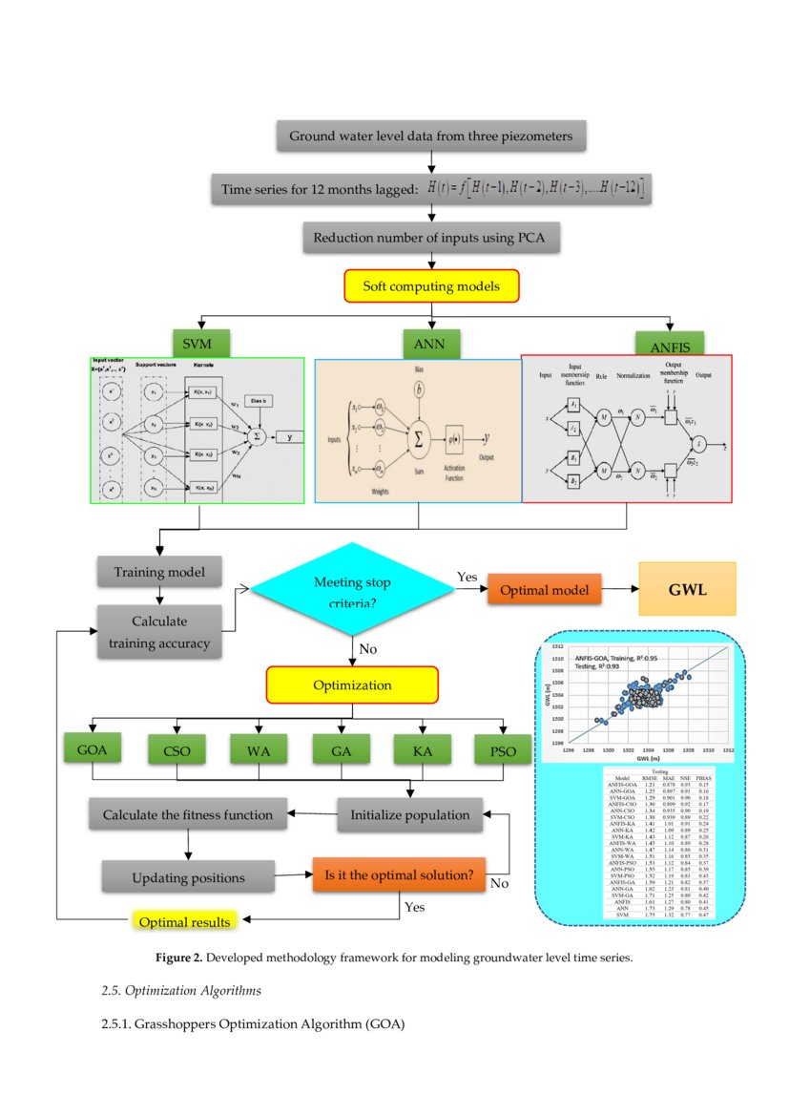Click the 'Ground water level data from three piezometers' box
(430, 137)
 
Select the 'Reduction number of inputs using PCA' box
(430, 238)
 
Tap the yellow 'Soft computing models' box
(430, 285)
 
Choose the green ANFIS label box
(671, 344)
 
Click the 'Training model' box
(159, 573)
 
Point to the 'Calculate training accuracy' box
(159, 632)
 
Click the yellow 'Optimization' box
(352, 684)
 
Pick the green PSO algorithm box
(502, 750)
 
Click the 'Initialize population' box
(409, 814)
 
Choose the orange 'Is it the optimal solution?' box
(399, 874)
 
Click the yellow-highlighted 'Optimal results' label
(184, 921)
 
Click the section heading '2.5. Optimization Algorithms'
(180, 990)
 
